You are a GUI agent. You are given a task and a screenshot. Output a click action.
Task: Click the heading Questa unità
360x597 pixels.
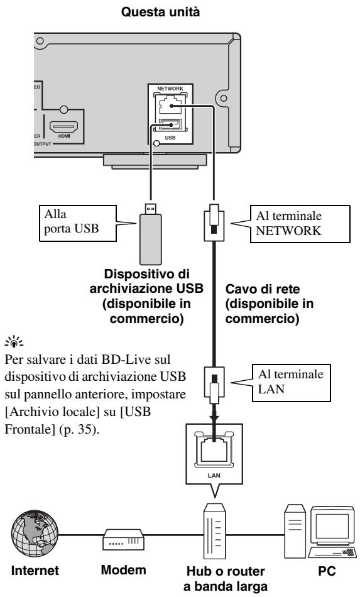[x=160, y=12]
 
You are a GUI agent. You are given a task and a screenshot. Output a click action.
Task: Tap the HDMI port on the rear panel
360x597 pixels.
[x=63, y=127]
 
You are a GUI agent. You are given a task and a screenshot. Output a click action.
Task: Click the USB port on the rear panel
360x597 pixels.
[x=170, y=124]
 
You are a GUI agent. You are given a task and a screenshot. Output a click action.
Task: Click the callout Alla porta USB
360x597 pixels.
[x=78, y=223]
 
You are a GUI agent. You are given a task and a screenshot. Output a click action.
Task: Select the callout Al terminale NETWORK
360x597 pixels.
[x=300, y=224]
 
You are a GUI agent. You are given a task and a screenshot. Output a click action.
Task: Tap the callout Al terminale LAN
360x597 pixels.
[x=291, y=383]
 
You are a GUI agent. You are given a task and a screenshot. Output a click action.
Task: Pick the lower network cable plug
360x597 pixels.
[x=214, y=385]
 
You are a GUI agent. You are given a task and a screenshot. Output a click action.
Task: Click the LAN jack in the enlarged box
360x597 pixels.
[x=214, y=449]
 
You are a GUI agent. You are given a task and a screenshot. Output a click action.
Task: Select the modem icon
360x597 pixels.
[x=123, y=540]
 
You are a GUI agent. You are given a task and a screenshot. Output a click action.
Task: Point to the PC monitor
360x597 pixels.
[x=332, y=527]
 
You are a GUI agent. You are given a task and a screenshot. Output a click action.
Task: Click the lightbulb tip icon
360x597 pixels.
[x=14, y=341]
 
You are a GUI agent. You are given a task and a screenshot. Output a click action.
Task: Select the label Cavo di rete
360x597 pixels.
[x=263, y=289]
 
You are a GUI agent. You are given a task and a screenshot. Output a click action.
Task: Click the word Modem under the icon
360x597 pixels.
[x=123, y=570]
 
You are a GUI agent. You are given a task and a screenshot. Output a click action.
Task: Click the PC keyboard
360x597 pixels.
[x=332, y=552]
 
